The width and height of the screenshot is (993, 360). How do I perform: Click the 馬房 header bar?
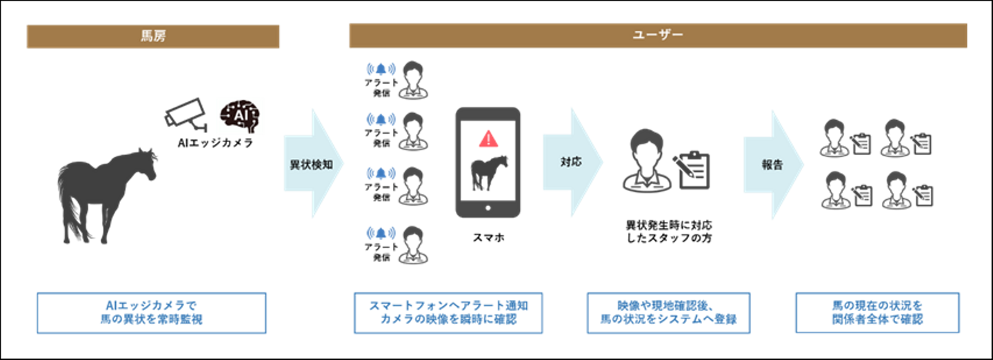(153, 37)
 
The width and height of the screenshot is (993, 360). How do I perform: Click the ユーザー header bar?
(658, 35)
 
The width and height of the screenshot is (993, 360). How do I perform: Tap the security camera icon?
(186, 114)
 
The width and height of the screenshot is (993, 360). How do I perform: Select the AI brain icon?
(240, 116)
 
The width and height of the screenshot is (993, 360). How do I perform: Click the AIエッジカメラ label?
(215, 143)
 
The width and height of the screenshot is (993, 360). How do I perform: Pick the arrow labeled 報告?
(774, 164)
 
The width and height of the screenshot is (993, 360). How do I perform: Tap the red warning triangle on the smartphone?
(488, 139)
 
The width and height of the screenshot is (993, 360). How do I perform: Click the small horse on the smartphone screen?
(488, 173)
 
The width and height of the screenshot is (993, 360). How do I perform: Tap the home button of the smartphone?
(488, 208)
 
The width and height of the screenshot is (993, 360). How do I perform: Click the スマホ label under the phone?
(488, 238)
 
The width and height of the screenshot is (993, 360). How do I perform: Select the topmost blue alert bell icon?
(381, 69)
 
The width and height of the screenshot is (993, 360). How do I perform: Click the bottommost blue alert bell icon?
(381, 233)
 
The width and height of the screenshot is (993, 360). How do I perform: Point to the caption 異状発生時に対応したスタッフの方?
(669, 232)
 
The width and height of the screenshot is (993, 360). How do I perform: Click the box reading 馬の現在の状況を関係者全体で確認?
(877, 312)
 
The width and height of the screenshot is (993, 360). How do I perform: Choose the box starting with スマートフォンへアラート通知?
(448, 312)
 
